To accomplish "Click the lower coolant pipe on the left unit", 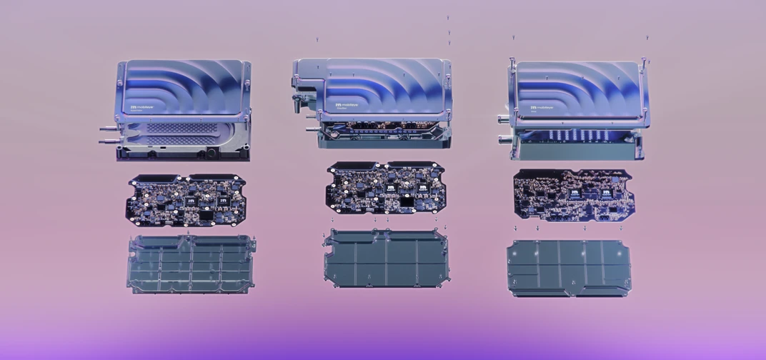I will coord(107,142).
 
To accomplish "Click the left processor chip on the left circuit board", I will coord(192,202).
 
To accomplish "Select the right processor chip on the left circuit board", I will coord(224,201).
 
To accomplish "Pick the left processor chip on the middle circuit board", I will coord(391,188).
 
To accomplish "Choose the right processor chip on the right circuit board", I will coord(607,192).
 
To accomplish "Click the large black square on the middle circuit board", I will coord(407,204).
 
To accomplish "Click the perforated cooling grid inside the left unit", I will coord(171,129).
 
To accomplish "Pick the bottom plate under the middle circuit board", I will coord(387,259).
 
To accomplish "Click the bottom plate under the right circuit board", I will coord(569,268).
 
